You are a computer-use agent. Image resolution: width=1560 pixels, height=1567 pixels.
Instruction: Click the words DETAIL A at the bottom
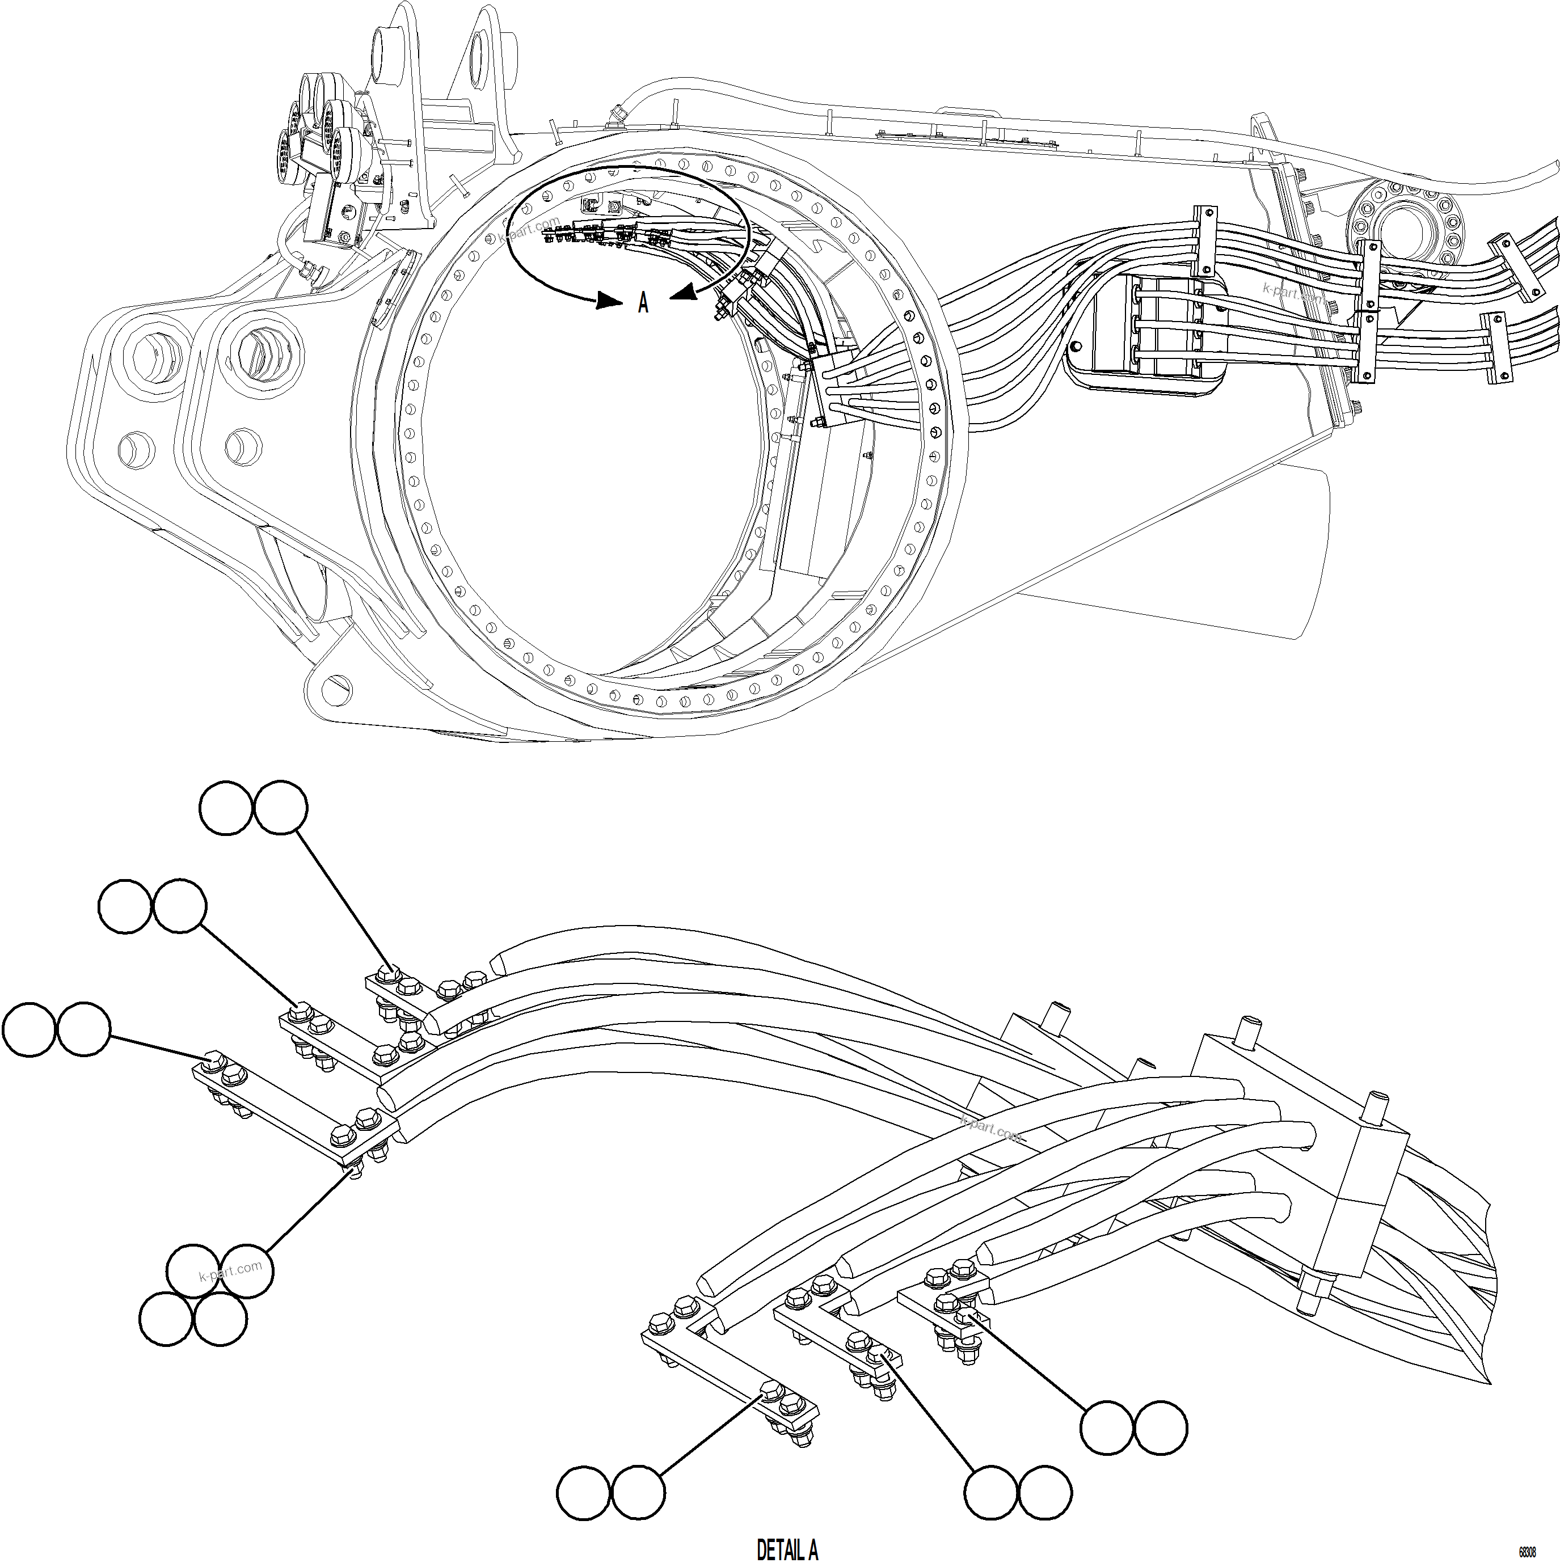click(787, 1549)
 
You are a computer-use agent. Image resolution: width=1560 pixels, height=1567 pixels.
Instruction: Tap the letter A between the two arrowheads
click(643, 303)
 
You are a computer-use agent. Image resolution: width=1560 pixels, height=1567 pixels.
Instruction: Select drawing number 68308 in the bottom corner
click(1527, 1552)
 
